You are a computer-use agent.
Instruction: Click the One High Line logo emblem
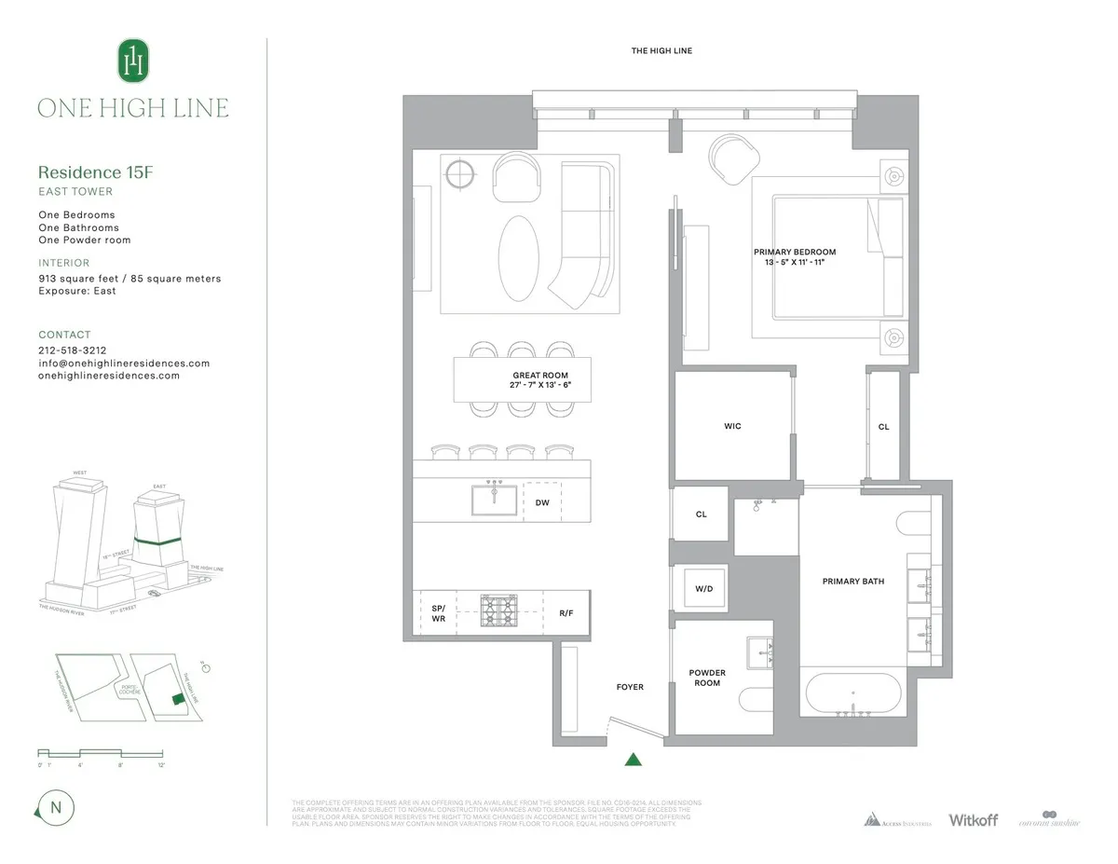click(x=133, y=61)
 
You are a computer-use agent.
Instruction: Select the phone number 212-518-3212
click(x=72, y=350)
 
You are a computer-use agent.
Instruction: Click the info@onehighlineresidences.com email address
click(x=124, y=363)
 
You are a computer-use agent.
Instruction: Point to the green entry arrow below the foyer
click(x=633, y=759)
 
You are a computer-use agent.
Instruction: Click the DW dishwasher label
click(x=542, y=502)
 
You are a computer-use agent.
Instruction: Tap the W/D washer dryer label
click(x=704, y=589)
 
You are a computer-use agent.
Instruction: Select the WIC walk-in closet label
click(x=732, y=426)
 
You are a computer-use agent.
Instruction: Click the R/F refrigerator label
click(x=566, y=614)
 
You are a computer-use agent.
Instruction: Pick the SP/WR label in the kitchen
click(x=438, y=613)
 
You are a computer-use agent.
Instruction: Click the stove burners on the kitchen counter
click(x=498, y=612)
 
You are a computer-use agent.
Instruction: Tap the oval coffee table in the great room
click(x=518, y=258)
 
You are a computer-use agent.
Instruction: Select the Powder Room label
click(x=706, y=678)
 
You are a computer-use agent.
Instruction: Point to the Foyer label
click(x=630, y=687)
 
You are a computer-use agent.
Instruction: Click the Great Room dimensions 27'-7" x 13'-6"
click(x=542, y=384)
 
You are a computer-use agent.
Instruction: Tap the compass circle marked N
click(x=56, y=807)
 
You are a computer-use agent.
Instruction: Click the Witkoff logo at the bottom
click(x=973, y=820)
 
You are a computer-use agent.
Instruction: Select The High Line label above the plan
click(x=661, y=51)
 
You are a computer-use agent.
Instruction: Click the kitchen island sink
click(x=494, y=500)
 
